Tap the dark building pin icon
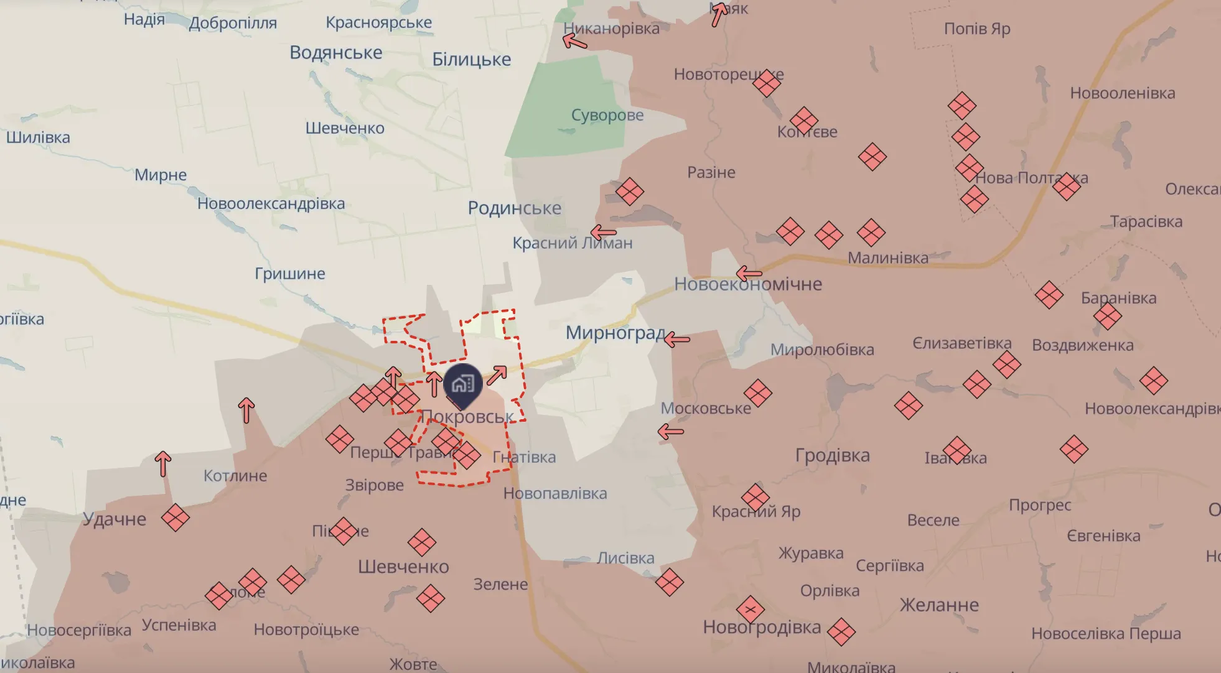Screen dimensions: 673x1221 tap(462, 383)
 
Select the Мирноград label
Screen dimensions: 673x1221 tap(615, 333)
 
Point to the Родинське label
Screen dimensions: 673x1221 tap(514, 208)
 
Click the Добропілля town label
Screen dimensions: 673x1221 tap(233, 23)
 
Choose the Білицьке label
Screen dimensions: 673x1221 tap(471, 59)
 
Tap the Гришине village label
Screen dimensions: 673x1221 tap(290, 274)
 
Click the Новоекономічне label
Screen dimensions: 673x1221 tap(748, 284)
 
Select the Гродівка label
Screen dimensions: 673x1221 tap(832, 455)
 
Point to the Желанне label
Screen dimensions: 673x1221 tap(939, 605)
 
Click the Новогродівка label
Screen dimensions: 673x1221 tap(762, 627)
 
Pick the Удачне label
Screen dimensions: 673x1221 tap(115, 519)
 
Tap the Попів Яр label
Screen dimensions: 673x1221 tap(976, 29)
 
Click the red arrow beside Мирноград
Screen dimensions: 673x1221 tap(677, 340)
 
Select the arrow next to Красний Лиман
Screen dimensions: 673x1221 tap(603, 233)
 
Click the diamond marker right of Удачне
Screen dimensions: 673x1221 tap(175, 518)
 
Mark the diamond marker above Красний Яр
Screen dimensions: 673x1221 tap(756, 497)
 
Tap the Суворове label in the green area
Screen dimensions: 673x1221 tap(607, 115)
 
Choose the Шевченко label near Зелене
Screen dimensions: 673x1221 tap(403, 567)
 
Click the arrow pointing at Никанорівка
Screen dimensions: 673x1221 tap(574, 42)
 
